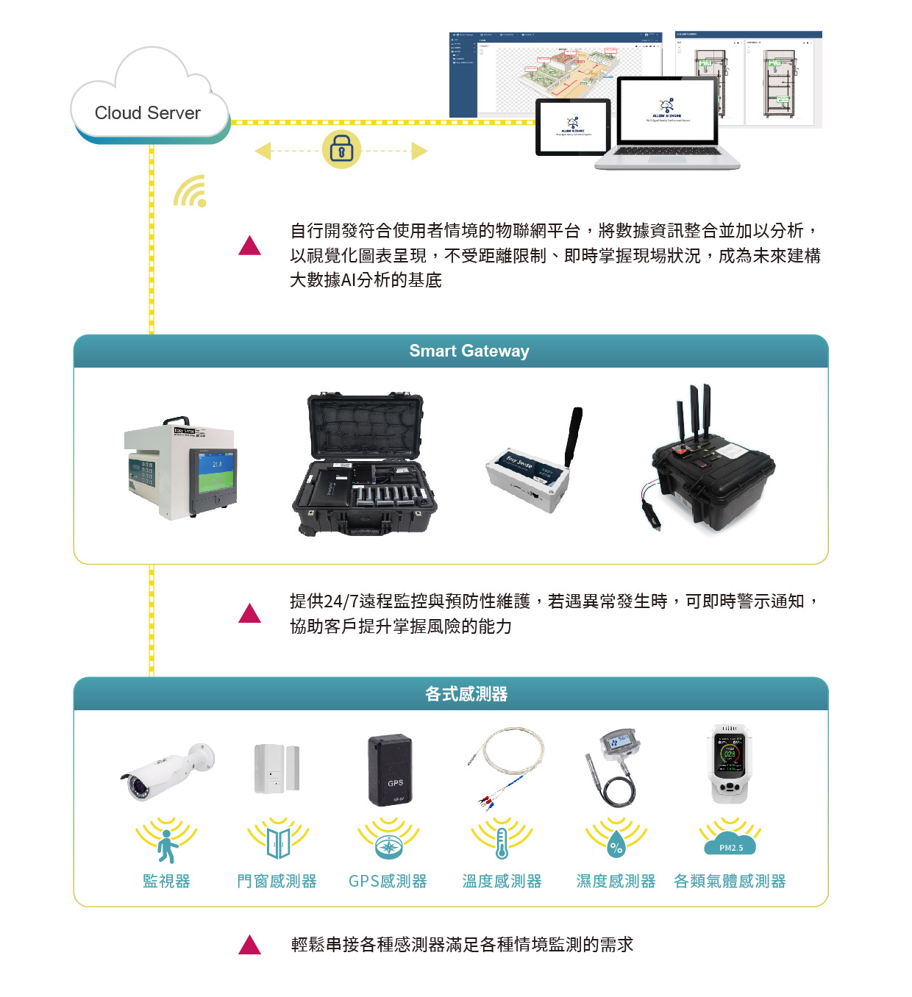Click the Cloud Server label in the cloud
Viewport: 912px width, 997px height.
[147, 112]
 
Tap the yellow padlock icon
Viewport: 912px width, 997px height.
[341, 149]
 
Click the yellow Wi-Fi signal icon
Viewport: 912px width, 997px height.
[190, 191]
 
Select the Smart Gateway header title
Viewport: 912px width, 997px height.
[469, 351]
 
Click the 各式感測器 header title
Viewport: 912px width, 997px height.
[466, 694]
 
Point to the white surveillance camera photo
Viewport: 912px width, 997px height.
[168, 770]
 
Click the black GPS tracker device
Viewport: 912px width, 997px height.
[390, 770]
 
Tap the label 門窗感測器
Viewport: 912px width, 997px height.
[277, 881]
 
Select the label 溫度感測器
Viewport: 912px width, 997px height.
[502, 881]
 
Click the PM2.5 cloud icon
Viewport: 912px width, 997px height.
[730, 845]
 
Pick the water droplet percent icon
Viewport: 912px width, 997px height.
[616, 846]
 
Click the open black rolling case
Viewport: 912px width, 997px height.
[365, 464]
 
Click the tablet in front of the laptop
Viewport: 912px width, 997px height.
[573, 126]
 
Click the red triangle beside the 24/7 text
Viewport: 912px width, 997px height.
[250, 613]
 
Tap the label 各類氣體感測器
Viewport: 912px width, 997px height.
[730, 881]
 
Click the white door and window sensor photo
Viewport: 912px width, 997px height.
[277, 769]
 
